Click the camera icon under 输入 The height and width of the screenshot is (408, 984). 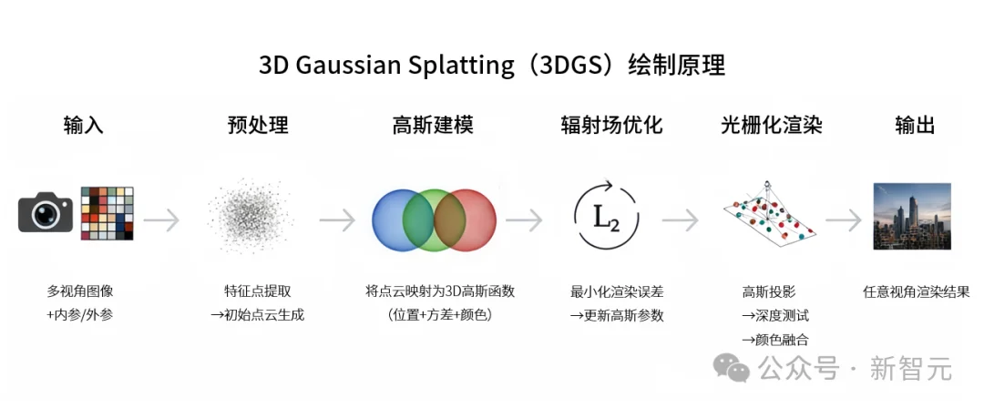(x=46, y=213)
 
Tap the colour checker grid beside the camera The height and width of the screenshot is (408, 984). (x=107, y=213)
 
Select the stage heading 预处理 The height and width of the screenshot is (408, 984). (x=258, y=125)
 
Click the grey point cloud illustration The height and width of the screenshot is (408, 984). (x=250, y=216)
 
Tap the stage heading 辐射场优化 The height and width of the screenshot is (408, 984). (x=610, y=125)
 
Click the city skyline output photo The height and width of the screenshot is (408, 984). (x=912, y=216)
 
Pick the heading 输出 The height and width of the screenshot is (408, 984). (x=915, y=125)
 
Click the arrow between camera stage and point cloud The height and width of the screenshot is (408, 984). (x=161, y=220)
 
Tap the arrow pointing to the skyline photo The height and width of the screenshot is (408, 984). (x=844, y=220)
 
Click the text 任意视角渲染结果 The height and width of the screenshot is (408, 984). (x=916, y=292)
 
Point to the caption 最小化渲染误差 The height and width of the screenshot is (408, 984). (x=617, y=292)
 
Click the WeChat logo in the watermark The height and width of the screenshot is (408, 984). (x=732, y=369)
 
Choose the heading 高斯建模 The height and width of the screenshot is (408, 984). (x=433, y=125)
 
